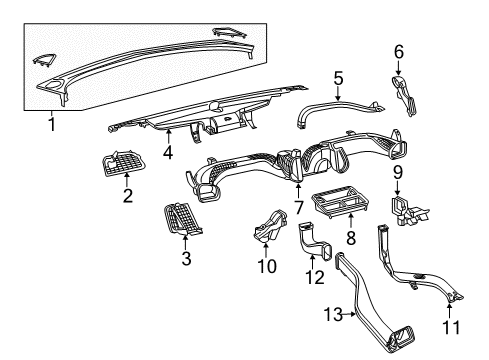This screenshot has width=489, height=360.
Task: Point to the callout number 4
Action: [x=169, y=154]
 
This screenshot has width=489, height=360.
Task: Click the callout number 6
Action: [x=398, y=51]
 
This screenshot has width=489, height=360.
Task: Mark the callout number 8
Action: [x=350, y=239]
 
